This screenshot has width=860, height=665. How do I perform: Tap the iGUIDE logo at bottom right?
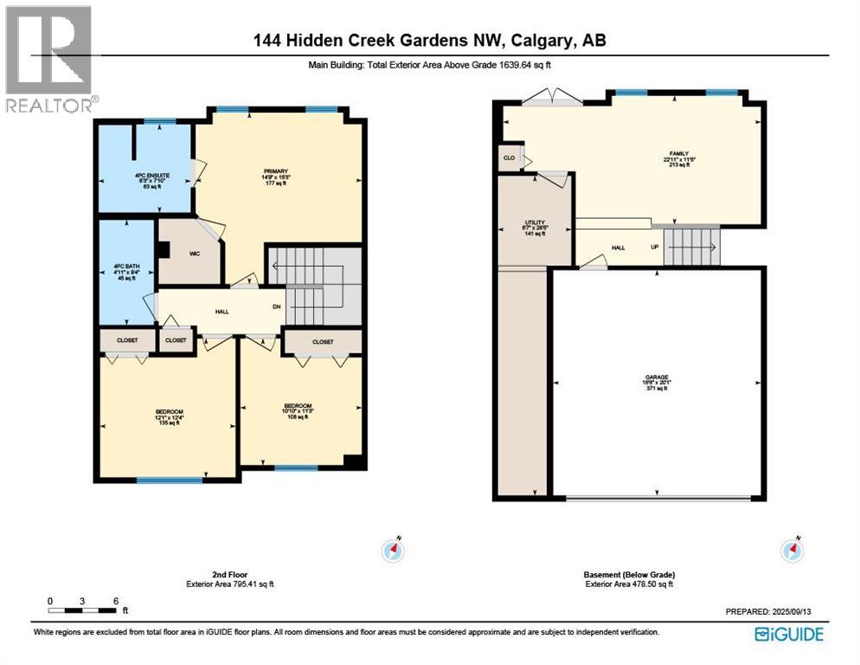[x=788, y=635]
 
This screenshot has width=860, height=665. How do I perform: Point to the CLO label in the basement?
[x=509, y=158]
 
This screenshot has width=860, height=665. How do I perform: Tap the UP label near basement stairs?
[x=654, y=248]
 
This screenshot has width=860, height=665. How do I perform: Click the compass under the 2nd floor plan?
[x=394, y=550]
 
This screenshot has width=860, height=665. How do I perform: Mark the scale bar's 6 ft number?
[x=114, y=600]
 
